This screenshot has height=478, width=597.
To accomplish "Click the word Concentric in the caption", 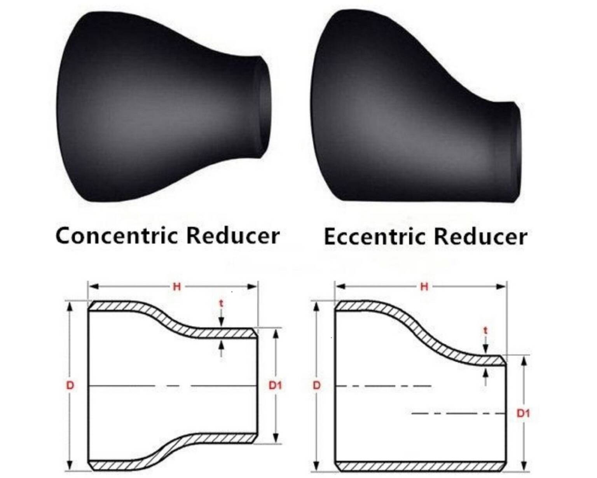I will (117, 236).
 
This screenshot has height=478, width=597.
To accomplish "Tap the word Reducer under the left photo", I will (232, 236).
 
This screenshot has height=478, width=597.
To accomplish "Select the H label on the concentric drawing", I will (177, 287).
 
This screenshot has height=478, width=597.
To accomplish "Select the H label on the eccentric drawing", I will (424, 287).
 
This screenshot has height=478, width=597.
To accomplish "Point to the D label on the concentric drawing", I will (70, 385).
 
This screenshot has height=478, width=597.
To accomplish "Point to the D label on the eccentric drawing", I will (317, 385).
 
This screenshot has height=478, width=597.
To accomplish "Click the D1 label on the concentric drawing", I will (275, 385).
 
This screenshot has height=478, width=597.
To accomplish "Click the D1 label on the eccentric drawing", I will (523, 413).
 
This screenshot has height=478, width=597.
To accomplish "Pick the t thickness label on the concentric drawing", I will (221, 303).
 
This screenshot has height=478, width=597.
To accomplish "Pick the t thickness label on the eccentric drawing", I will (485, 331).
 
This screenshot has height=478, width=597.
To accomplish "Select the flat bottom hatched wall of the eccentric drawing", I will (420, 465).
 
